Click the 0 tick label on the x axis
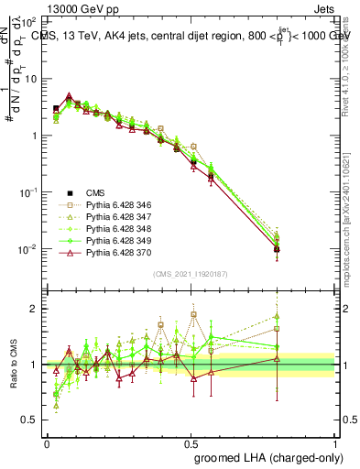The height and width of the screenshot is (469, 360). coord(47,442)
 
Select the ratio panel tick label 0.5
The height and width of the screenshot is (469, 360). coord(32,420)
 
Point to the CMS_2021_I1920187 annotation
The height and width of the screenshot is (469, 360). coord(191,274)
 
